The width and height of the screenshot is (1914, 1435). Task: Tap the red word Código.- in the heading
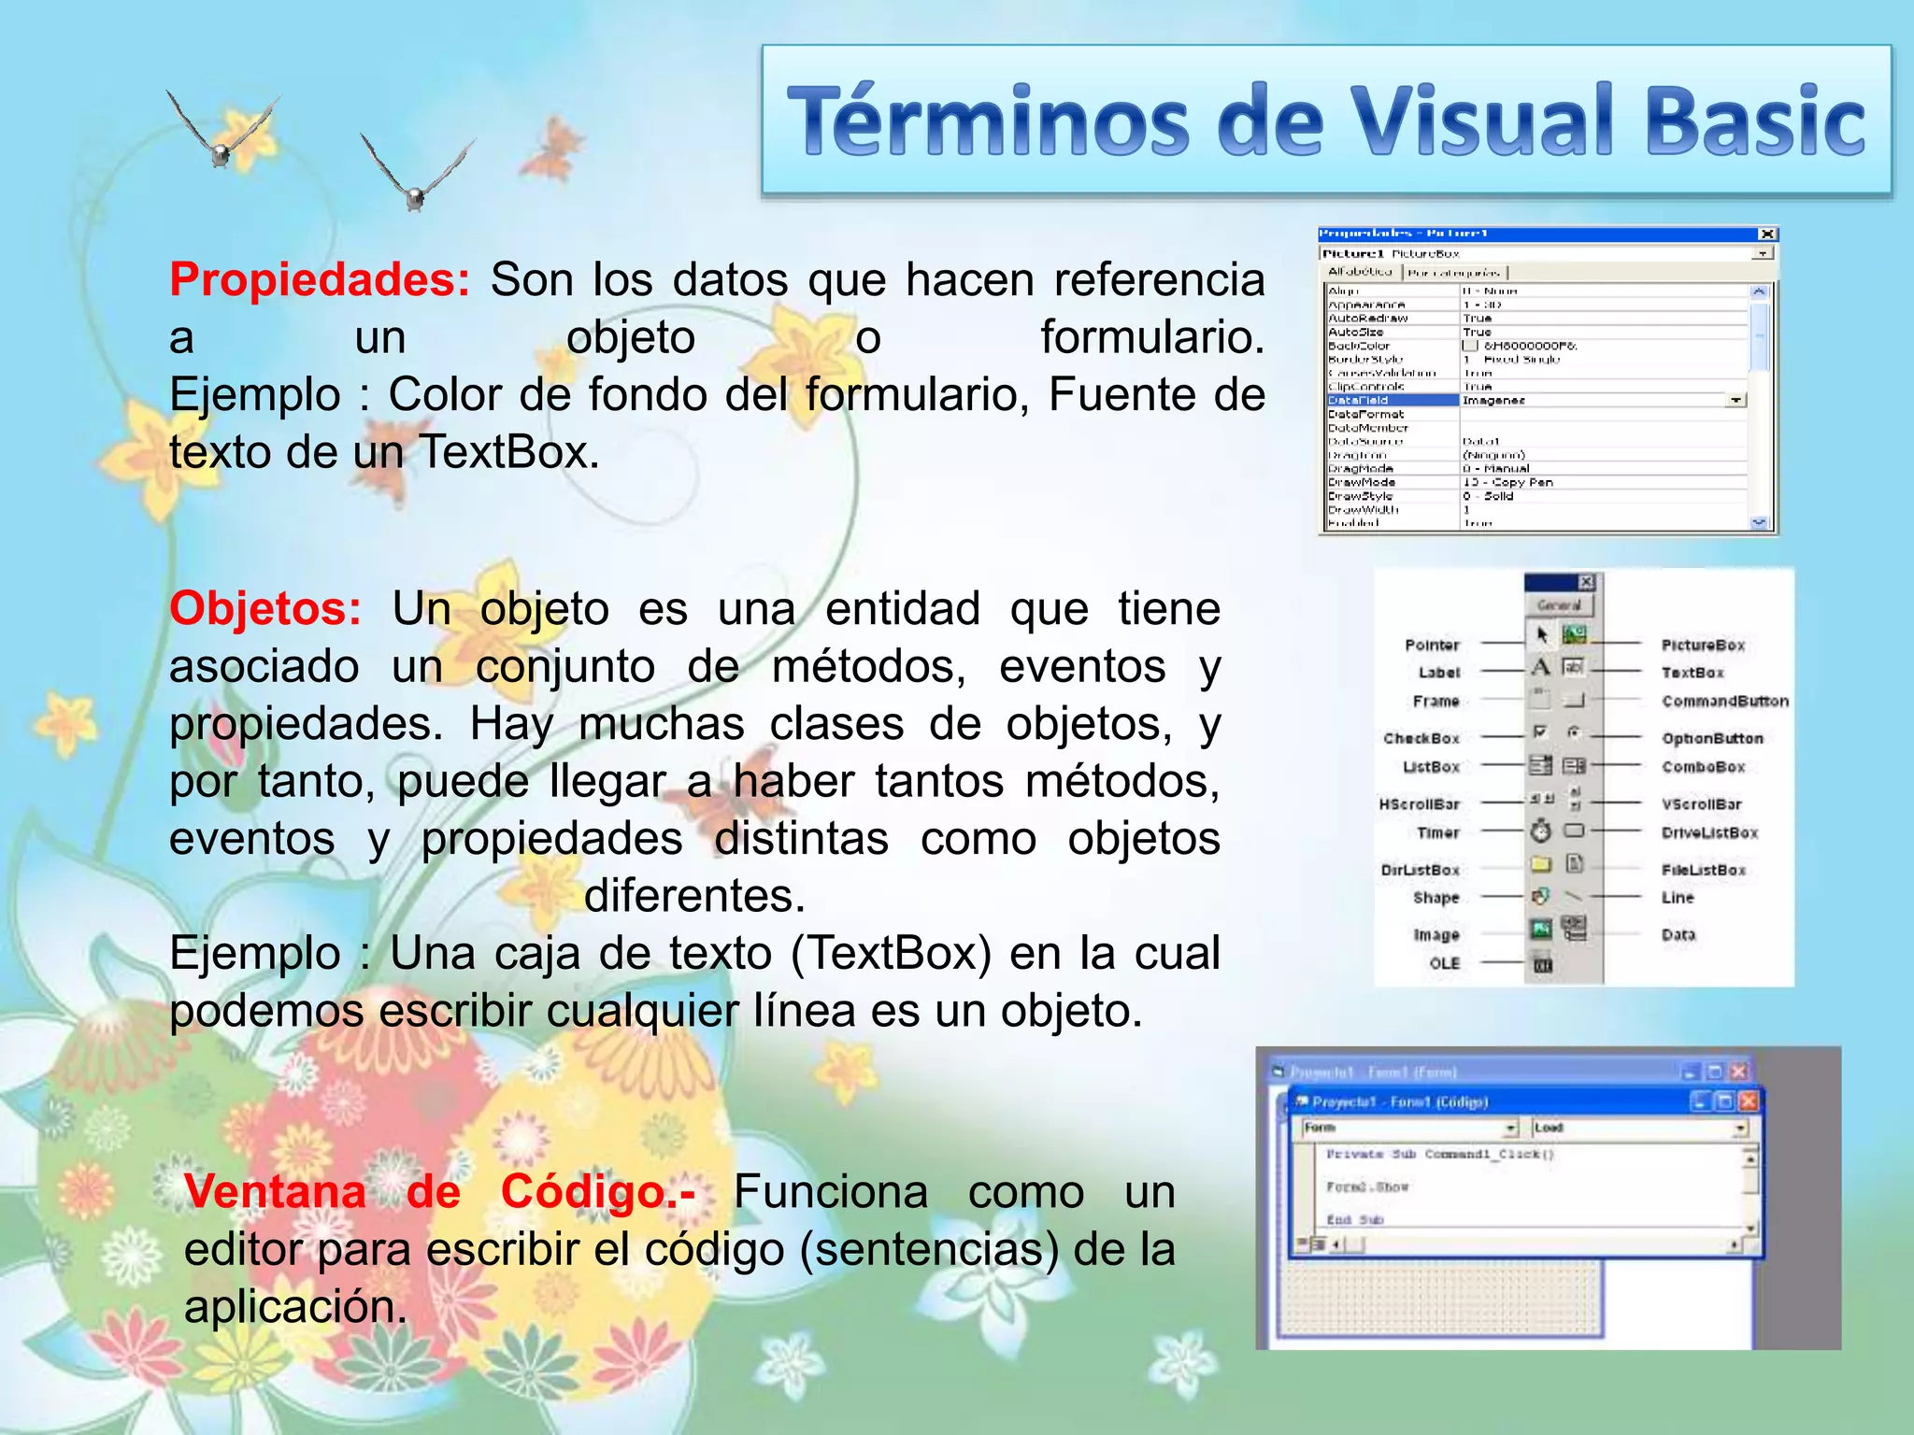click(598, 1192)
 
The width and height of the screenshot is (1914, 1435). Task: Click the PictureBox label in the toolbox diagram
click(1703, 645)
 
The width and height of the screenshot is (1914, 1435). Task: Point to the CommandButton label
click(1724, 701)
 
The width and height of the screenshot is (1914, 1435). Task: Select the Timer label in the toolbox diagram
click(1437, 832)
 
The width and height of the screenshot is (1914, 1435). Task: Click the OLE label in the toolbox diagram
click(1444, 962)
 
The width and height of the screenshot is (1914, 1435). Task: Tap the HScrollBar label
click(1419, 804)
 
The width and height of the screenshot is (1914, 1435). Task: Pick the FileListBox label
click(1703, 870)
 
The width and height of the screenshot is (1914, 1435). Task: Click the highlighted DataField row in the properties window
click(1393, 400)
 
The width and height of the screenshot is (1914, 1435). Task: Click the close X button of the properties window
click(1766, 234)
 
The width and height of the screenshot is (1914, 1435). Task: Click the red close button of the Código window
click(1749, 1101)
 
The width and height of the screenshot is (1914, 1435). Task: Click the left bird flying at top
click(221, 135)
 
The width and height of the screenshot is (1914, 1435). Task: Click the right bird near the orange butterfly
click(417, 178)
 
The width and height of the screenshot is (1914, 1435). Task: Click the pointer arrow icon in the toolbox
click(1542, 635)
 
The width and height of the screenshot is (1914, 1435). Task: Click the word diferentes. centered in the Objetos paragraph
click(694, 896)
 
